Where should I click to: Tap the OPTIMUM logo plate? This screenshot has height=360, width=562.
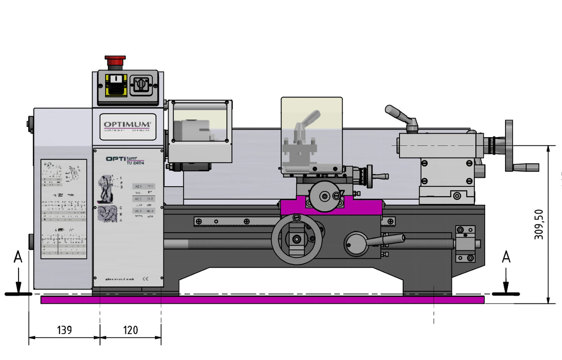point(127,125)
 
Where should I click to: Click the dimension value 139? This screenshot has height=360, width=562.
point(64,330)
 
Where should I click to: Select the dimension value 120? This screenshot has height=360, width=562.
point(131,330)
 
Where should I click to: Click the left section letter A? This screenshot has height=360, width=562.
point(18,257)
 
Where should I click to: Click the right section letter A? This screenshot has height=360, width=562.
point(506,257)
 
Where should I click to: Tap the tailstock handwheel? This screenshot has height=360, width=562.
point(509,145)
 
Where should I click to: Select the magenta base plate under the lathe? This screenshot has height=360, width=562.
point(262,300)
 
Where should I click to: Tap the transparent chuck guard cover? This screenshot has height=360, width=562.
point(200,121)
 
